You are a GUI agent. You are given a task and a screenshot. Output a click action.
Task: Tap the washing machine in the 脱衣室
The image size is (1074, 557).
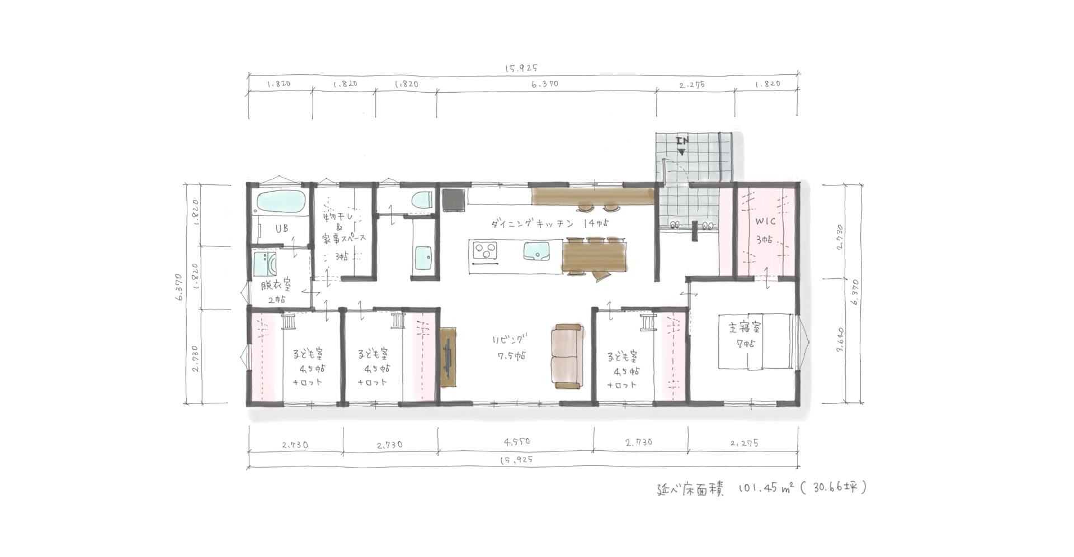click(265, 264)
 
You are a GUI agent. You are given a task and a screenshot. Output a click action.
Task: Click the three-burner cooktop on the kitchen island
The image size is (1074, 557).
click(485, 251)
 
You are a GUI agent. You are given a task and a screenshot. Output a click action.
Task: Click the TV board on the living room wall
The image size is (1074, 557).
click(448, 357)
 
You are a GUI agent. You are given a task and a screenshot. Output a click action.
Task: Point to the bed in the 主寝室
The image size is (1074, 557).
click(756, 341)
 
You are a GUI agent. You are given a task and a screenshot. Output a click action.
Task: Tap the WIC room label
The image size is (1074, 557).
click(765, 222)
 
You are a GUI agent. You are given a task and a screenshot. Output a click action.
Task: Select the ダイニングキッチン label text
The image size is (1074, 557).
click(533, 224)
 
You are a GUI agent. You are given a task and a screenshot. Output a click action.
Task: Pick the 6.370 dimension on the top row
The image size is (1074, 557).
click(544, 84)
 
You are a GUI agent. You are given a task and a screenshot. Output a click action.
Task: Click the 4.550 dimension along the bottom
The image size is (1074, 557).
click(516, 441)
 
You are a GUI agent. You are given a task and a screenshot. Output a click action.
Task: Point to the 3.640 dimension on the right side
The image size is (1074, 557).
click(840, 341)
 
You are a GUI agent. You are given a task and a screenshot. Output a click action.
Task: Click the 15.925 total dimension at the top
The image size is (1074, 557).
click(521, 68)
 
